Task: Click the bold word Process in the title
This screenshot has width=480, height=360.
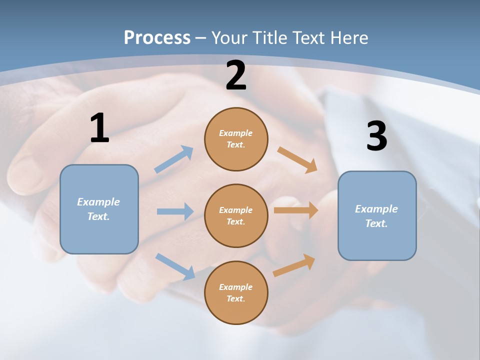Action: (157, 37)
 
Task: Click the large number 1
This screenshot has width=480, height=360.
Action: (99, 128)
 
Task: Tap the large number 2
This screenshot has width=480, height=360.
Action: (236, 75)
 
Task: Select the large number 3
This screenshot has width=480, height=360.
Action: (376, 136)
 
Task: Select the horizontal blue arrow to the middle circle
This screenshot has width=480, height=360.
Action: (175, 211)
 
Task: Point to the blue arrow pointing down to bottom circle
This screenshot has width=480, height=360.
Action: (175, 266)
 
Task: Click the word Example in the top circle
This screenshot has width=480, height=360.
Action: (236, 133)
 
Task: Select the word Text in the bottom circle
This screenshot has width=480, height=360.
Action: (235, 298)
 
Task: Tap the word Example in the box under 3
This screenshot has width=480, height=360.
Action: (376, 209)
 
